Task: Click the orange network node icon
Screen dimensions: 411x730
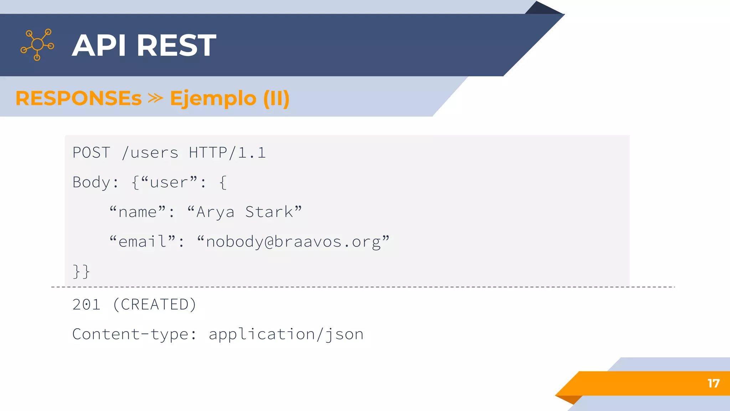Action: [37, 45]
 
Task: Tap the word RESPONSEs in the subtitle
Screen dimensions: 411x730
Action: [79, 98]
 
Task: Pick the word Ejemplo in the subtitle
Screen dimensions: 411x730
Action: [213, 99]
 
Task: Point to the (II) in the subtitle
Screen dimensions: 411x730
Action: [276, 98]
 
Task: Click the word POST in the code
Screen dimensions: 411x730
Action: [91, 153]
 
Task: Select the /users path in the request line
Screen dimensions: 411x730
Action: [150, 153]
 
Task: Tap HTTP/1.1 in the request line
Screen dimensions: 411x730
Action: [227, 153]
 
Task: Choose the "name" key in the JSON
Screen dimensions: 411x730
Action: [142, 212]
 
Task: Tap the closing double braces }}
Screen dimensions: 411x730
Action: [81, 271]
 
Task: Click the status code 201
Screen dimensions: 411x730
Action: [86, 305]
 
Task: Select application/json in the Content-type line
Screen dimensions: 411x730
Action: [286, 334]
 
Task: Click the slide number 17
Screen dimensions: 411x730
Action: [713, 384]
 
